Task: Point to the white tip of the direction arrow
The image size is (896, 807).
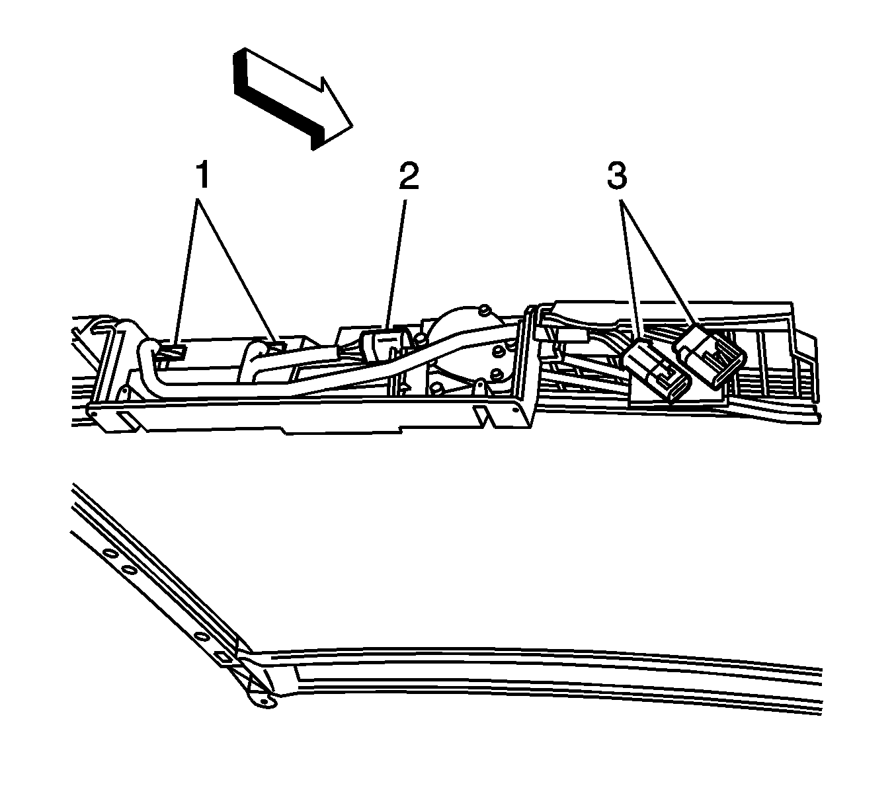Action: click(x=353, y=126)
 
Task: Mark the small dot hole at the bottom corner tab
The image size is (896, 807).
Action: click(x=265, y=703)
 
